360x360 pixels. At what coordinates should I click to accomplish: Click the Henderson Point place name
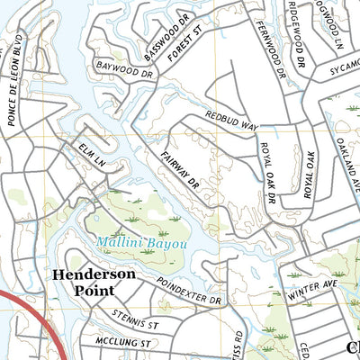point(94,282)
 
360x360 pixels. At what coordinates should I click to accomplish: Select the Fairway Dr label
point(180,171)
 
